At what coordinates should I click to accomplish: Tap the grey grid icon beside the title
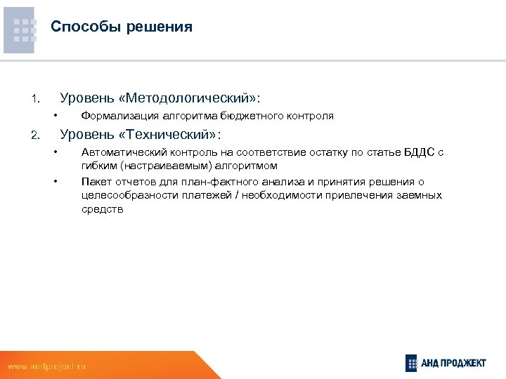[x=25, y=30]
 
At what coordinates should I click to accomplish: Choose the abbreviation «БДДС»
[x=419, y=152]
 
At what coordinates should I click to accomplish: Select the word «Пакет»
[x=95, y=181]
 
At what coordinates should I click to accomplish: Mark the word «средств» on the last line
[x=102, y=209]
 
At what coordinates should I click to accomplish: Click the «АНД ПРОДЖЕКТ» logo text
[x=455, y=363]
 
